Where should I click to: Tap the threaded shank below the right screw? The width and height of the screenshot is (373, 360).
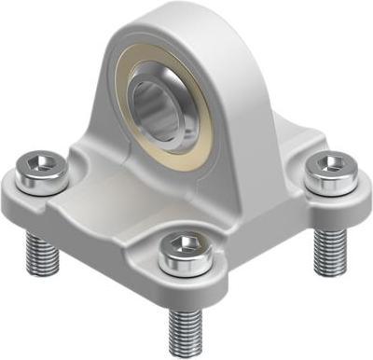pos(329,244)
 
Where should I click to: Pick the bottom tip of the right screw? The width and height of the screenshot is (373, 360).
pos(329,262)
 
